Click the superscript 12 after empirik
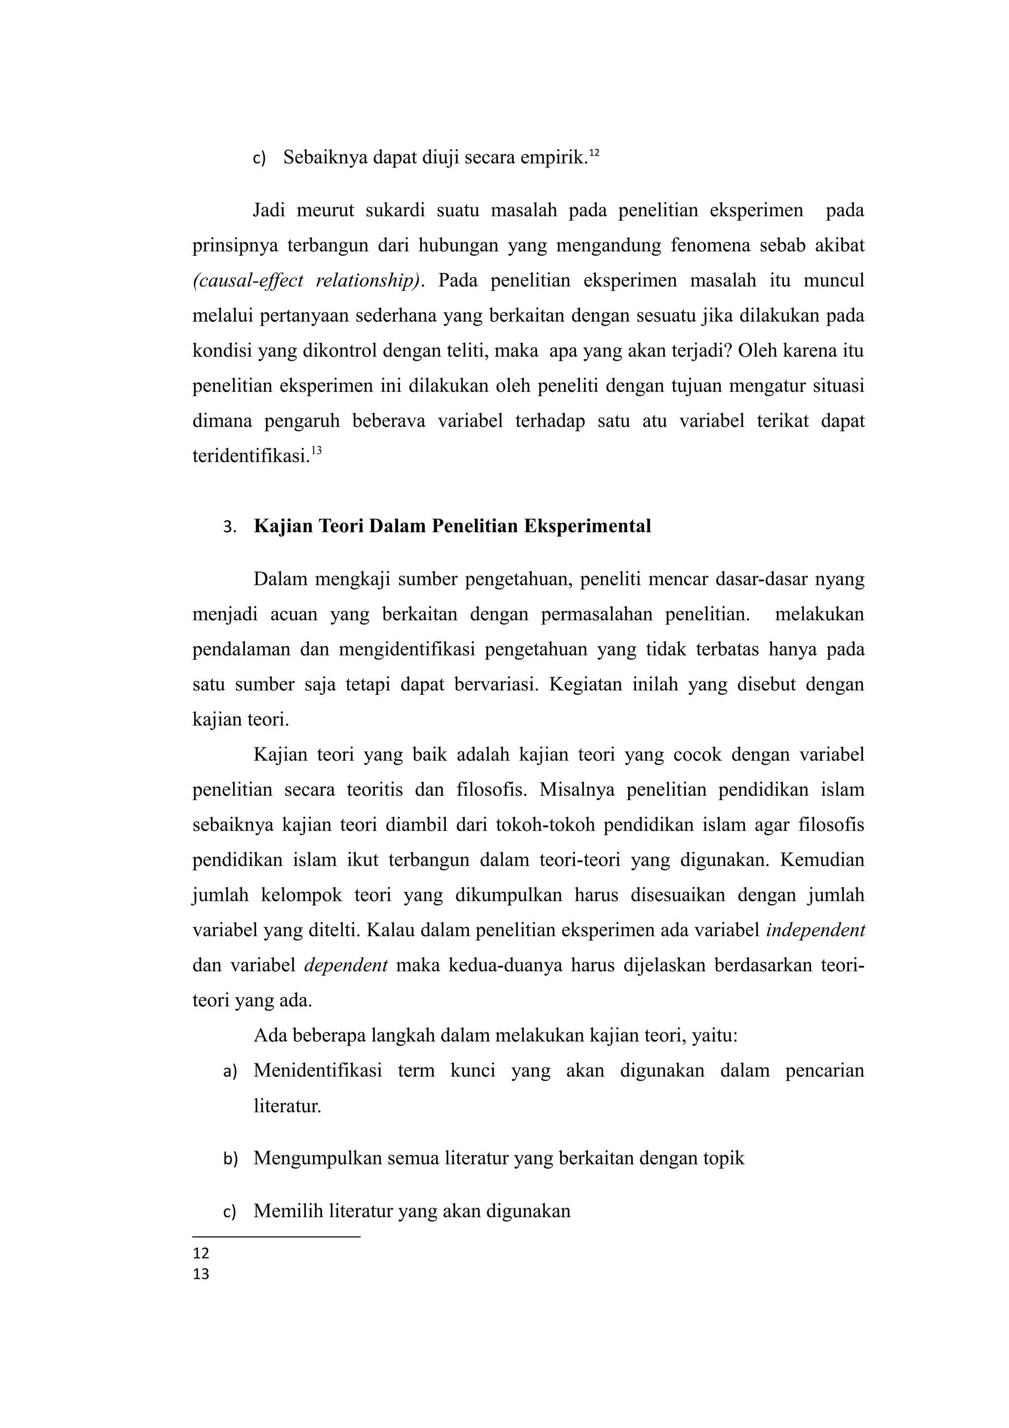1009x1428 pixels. (x=594, y=152)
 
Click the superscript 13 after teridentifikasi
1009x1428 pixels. (x=316, y=451)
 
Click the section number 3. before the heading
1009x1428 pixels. (x=230, y=527)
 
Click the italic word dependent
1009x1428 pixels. (x=346, y=965)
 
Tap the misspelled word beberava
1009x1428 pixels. (x=389, y=421)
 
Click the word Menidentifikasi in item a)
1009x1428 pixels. (x=318, y=1071)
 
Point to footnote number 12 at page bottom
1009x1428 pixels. (x=201, y=1253)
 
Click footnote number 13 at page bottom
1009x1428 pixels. (x=201, y=1274)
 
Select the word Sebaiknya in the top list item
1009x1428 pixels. (x=325, y=158)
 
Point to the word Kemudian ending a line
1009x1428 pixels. (x=822, y=860)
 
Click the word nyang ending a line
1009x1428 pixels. (x=840, y=579)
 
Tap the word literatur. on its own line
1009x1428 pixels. (x=287, y=1106)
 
